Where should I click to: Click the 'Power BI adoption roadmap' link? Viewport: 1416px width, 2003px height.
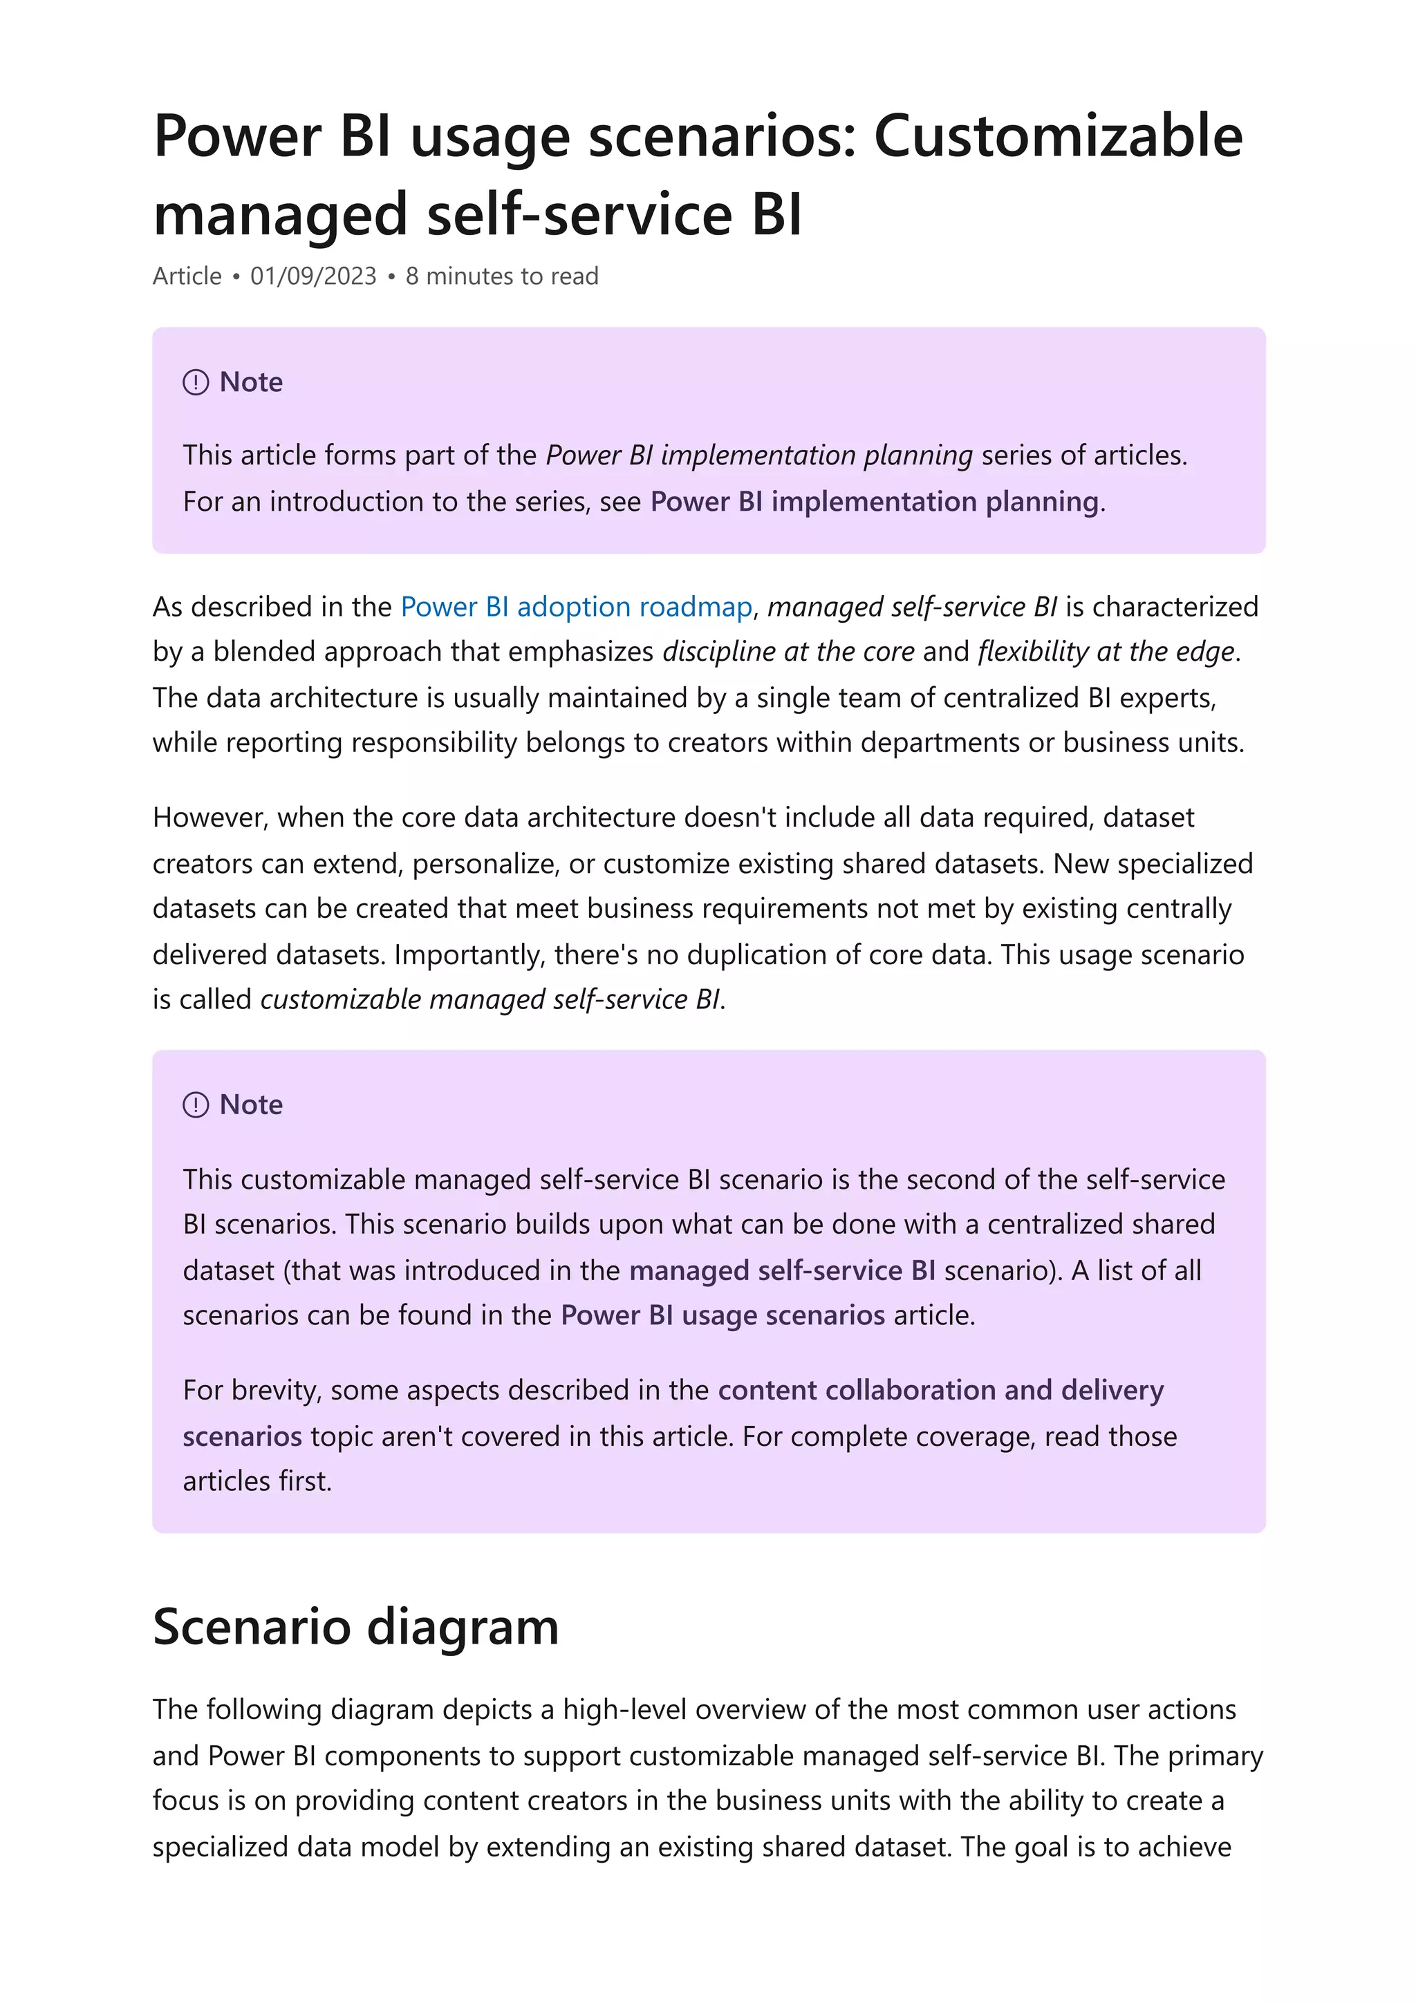(576, 606)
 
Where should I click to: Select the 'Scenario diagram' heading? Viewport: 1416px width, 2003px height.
(355, 1627)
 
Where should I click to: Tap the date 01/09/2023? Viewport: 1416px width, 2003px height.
(313, 276)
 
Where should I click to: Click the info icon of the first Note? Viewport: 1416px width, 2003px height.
(196, 382)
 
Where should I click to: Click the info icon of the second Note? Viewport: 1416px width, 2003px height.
(196, 1104)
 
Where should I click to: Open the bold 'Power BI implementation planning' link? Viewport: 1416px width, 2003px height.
(874, 502)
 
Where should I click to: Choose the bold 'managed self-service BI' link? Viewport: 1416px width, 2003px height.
(782, 1270)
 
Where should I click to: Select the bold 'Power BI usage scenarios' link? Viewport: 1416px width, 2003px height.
(723, 1315)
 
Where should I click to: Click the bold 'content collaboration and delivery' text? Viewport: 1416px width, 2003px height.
(940, 1390)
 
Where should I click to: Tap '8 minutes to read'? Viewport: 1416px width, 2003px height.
(502, 276)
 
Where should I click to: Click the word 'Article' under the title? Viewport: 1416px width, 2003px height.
(187, 276)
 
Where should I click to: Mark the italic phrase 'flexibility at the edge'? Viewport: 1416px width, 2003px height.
(1106, 652)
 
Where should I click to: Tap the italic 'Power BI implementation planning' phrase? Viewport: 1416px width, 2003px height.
(759, 455)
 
